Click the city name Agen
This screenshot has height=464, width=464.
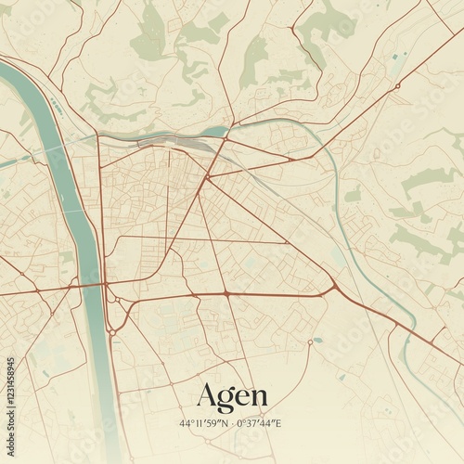point(232,396)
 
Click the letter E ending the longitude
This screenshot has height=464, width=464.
point(278,423)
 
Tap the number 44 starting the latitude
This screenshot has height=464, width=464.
point(186,423)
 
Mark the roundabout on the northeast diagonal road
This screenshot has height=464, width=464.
point(397,86)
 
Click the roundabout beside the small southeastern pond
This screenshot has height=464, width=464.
point(309,342)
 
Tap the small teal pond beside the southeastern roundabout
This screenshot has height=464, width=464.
point(318,340)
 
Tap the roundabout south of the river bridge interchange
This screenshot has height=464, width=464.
point(111,331)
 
